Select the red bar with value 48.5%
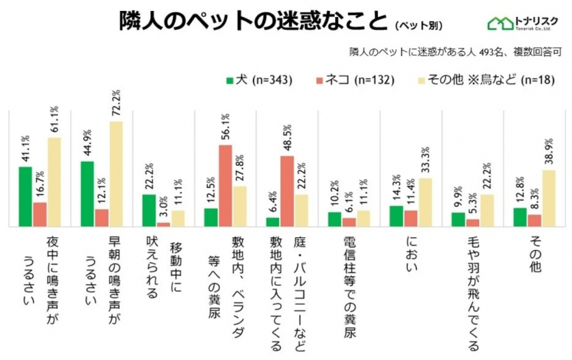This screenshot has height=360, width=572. tap(286, 191)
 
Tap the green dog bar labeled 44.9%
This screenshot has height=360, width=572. tap(87, 194)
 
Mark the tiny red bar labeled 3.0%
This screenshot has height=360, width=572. tap(163, 224)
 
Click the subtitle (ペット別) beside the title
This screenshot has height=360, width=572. tap(418, 26)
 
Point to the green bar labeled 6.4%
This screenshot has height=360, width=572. tap(273, 222)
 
